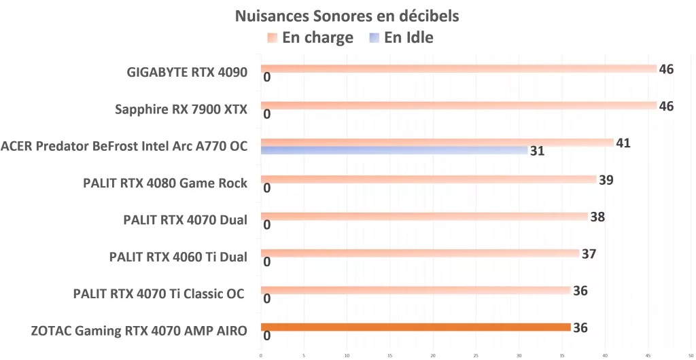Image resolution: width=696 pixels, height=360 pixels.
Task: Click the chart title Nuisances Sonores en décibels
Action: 347,16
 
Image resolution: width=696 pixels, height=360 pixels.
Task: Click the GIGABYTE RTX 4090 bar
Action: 459,69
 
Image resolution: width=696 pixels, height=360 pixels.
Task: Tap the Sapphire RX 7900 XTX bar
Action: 459,105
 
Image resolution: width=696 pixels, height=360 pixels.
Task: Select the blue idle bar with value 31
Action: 394,150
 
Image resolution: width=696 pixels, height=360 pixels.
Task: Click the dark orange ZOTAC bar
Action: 415,327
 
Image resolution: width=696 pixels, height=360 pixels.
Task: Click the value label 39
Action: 606,180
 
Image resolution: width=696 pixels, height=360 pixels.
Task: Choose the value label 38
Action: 597,217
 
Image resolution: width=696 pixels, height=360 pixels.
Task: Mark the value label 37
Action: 589,254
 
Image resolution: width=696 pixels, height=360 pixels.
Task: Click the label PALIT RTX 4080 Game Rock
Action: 165,183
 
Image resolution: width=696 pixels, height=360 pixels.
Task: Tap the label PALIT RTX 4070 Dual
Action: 185,219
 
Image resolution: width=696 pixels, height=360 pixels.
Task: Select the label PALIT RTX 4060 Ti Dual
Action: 178,257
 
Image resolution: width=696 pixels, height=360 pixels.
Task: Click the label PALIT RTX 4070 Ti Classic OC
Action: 159,294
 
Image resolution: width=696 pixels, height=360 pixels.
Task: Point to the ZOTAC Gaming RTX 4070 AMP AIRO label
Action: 139,331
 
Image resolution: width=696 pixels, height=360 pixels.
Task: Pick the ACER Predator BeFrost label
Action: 124,145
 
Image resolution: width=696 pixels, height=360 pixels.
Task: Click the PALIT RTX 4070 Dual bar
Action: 424,217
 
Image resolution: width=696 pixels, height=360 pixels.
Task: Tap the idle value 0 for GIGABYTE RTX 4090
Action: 267,77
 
